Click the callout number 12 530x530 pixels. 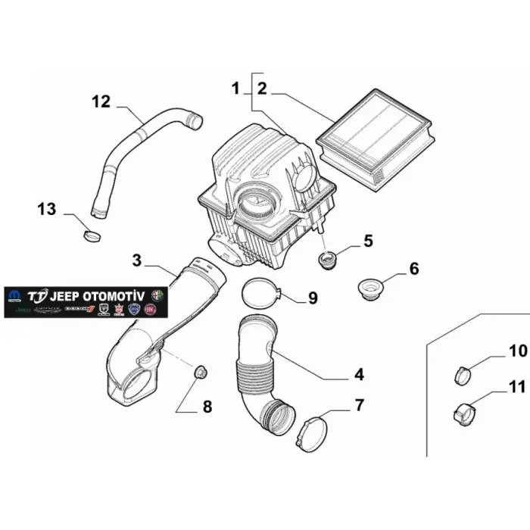pyautogui.click(x=101, y=101)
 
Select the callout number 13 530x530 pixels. pyautogui.click(x=46, y=208)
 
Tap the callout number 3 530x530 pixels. pyautogui.click(x=137, y=261)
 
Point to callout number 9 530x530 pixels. pyautogui.click(x=312, y=298)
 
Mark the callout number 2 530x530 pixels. pyautogui.click(x=262, y=89)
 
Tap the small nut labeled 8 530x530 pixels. pyautogui.click(x=201, y=371)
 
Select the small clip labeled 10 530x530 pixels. pyautogui.click(x=463, y=373)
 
